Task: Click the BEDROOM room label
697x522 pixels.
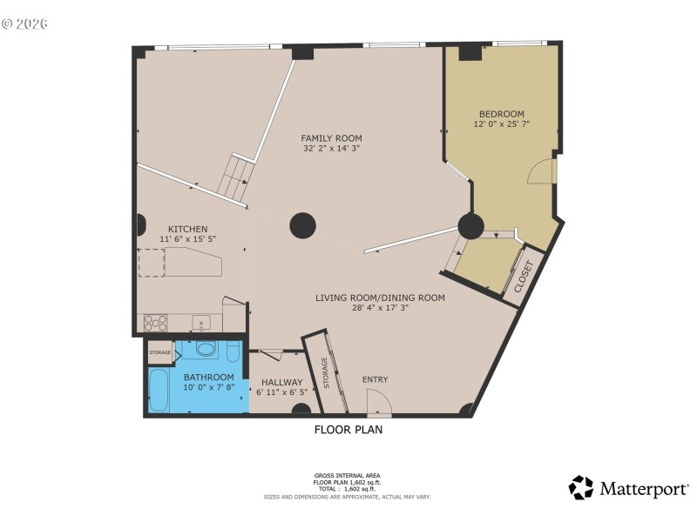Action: [x=501, y=114]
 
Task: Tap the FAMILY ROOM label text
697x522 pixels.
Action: [x=331, y=138]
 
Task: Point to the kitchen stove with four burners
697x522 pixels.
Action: [x=155, y=322]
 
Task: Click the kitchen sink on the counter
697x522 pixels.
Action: [x=202, y=323]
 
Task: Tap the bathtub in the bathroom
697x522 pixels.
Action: [x=159, y=391]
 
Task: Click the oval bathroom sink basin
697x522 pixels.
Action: [x=206, y=350]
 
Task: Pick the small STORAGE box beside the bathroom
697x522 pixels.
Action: [x=159, y=352]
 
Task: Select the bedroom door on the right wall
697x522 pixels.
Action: [x=543, y=171]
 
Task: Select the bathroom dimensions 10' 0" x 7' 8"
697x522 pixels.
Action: [x=208, y=388]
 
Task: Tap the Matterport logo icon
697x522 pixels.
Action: [x=581, y=487]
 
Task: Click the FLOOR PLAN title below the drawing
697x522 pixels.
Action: [x=348, y=429]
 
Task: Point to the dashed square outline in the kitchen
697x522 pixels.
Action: [x=152, y=262]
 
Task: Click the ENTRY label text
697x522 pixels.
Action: [x=375, y=379]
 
